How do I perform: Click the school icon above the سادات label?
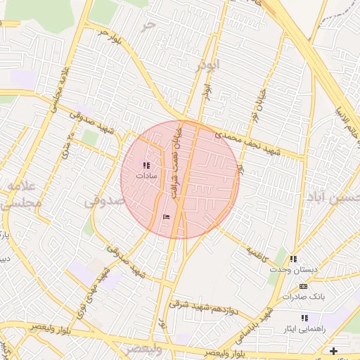[146, 165]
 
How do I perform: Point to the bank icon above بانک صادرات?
[303, 287]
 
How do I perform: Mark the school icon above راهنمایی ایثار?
[304, 318]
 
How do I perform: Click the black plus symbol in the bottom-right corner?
[333, 351]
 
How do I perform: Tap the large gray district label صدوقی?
[104, 201]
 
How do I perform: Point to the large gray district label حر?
[147, 25]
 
